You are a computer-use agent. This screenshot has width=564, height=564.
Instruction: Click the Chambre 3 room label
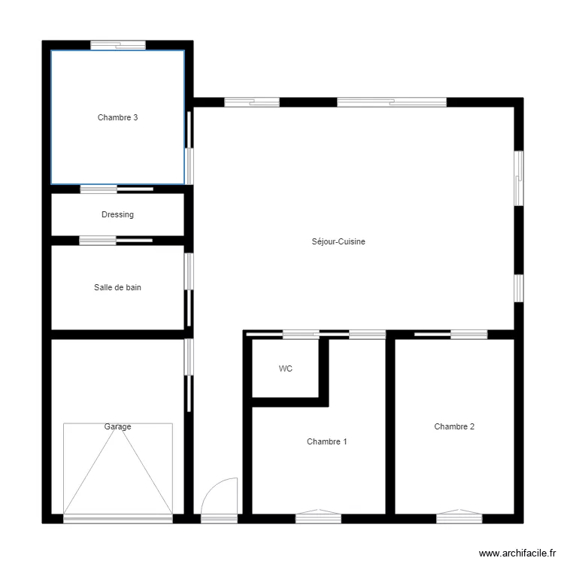[x=117, y=117]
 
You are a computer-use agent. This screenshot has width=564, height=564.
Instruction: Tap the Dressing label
[x=117, y=215]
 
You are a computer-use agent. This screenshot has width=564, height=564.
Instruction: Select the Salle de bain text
[x=117, y=287]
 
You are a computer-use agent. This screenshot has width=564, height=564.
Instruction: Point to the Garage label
[x=117, y=426]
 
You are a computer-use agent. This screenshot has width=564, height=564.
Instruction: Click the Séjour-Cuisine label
[x=338, y=241]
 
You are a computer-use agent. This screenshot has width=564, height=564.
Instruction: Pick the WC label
[x=286, y=368]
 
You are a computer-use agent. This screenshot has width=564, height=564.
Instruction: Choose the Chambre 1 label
[x=327, y=441]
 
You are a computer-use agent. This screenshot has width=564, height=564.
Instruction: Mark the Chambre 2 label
[x=454, y=426]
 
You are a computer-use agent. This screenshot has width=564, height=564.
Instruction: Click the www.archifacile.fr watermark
[x=517, y=553]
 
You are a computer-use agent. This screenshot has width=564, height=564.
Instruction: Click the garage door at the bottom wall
[x=118, y=518]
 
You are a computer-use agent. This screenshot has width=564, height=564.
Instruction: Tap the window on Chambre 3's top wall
[x=118, y=45]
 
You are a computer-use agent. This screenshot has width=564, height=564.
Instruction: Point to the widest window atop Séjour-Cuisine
[x=392, y=102]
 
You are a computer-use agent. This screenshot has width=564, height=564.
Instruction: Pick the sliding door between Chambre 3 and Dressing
[x=117, y=190]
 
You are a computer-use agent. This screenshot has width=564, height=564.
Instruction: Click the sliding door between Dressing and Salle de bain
[x=116, y=241]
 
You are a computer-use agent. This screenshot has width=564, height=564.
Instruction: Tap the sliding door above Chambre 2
[x=450, y=335]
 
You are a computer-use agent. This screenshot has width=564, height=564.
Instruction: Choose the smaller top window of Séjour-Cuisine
[x=252, y=102]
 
